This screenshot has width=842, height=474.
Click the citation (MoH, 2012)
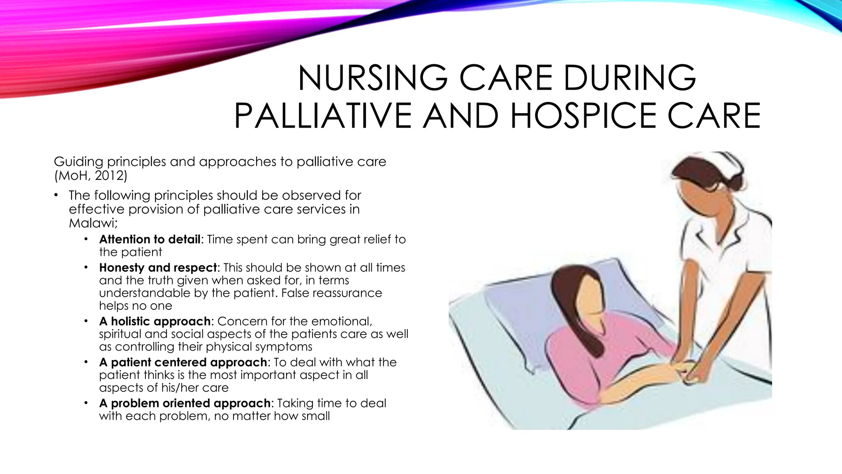tap(91, 176)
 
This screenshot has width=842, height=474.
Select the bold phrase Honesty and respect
tap(158, 268)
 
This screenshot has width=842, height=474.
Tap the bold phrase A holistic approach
tap(155, 321)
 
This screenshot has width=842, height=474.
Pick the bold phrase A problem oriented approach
tap(185, 403)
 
